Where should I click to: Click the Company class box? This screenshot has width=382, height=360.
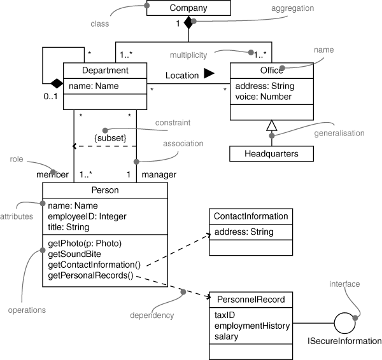click(188, 8)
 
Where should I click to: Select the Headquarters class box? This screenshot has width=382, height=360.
click(271, 153)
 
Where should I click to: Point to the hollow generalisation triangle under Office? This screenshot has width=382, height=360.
click(271, 126)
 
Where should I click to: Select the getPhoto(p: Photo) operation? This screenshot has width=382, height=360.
click(85, 244)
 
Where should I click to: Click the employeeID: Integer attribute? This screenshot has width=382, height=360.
click(87, 216)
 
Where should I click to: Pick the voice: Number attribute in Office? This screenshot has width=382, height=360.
click(263, 97)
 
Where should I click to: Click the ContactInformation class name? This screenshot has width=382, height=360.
click(251, 216)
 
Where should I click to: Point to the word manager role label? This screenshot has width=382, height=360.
click(159, 174)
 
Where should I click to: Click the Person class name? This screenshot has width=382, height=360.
click(104, 190)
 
